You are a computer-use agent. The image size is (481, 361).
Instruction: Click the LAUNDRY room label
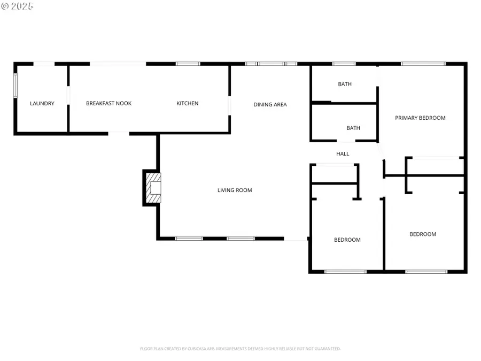42,104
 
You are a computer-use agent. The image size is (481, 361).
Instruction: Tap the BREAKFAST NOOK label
108,104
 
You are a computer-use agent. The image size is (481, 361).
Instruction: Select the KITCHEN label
188,104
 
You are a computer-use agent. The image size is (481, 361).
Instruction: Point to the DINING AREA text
270,105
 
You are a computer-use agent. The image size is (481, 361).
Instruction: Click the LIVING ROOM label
235,190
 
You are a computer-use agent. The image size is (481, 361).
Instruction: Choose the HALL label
343,154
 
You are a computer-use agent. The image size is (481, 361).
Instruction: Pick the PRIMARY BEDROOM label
420,118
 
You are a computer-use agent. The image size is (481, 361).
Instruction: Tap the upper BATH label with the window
345,85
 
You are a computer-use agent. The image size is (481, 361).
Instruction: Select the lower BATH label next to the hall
353,128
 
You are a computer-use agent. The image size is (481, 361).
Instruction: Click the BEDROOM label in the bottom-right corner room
423,234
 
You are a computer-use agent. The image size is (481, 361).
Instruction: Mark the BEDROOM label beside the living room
347,240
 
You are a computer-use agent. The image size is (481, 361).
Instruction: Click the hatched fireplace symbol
152,188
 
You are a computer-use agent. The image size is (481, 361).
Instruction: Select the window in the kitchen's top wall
188,64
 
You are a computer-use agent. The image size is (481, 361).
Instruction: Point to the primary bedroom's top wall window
423,64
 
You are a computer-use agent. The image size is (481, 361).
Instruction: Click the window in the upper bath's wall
344,64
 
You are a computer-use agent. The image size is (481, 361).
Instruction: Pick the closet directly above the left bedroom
334,174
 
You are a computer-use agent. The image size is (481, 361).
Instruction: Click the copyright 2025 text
17,6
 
